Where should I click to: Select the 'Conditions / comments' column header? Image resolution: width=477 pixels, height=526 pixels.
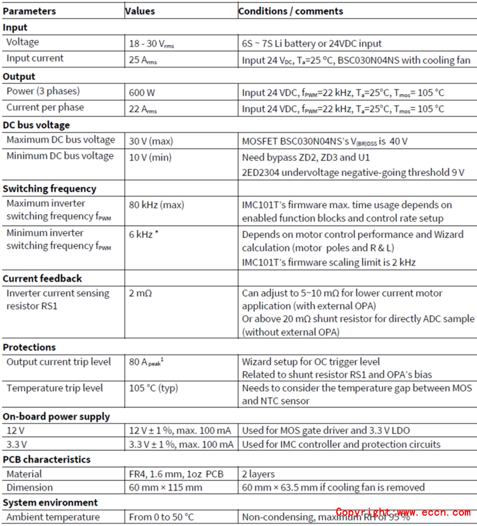[290, 11]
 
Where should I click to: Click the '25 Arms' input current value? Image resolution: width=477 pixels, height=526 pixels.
[144, 59]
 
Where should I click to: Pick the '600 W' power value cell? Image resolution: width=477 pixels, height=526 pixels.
[142, 92]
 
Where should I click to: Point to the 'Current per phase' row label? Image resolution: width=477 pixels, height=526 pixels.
[45, 107]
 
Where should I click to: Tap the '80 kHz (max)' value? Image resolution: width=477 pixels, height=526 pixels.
[156, 204]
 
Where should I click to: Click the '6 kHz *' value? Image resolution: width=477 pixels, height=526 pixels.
[147, 234]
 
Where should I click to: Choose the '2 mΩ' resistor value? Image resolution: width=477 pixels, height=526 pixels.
[140, 293]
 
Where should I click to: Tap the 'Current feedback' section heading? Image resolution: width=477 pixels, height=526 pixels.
[42, 278]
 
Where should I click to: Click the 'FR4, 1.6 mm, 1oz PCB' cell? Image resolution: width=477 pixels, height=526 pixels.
[176, 473]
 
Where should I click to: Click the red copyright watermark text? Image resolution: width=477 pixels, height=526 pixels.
[402, 512]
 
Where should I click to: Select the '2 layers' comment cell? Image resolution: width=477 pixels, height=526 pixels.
[258, 473]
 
